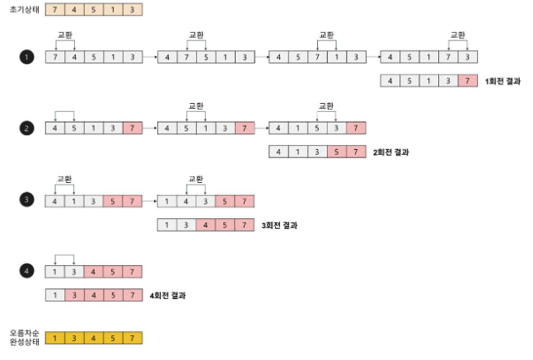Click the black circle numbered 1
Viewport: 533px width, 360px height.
26,57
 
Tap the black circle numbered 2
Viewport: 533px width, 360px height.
26,129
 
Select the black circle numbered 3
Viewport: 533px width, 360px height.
26,199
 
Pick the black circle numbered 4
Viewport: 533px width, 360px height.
26,271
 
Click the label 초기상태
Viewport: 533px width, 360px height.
25,10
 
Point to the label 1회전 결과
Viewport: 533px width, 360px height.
503,82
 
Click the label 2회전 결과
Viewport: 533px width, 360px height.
391,152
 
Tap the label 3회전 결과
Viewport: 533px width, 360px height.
279,226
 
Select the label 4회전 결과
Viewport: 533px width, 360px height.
167,296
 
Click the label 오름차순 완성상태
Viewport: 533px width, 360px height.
25,337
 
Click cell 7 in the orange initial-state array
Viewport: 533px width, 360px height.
55,10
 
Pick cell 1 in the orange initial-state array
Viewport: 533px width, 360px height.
113,10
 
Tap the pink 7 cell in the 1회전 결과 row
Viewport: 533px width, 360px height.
468,81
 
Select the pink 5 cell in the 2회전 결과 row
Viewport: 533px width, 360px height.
337,152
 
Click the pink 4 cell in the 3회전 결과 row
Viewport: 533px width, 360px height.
205,225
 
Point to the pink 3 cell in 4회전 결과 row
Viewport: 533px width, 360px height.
74,295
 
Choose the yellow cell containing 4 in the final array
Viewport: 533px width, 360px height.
94,338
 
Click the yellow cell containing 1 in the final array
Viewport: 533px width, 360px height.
55,338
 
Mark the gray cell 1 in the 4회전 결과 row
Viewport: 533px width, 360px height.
55,295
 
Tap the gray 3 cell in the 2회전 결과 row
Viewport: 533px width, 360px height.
317,152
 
